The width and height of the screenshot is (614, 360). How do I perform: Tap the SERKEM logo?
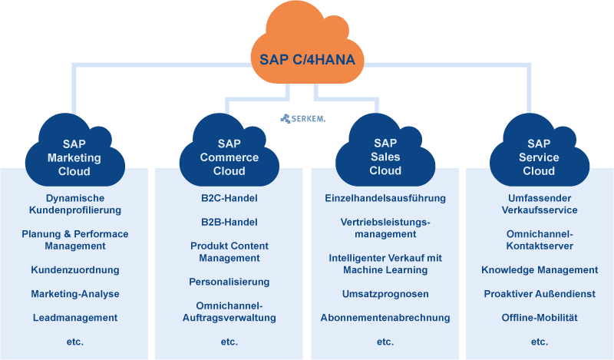pos(302,118)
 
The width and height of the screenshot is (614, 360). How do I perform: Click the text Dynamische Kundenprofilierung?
pos(74,203)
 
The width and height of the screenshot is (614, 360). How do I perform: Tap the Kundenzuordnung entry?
pos(74,269)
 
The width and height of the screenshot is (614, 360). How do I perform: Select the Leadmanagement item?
pos(74,317)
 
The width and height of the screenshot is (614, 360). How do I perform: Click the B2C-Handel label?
pos(229,198)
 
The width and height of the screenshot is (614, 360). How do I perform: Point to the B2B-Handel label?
pos(229,222)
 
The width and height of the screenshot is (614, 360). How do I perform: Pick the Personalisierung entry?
pos(229,282)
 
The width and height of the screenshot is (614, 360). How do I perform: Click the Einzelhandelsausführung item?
pos(385,198)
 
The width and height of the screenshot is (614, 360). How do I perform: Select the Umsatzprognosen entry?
pos(385,293)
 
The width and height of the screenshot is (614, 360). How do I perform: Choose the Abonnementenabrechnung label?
pos(385,317)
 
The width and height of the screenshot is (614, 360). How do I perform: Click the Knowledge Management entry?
pos(539,269)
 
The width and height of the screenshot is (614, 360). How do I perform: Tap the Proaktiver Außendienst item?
pos(539,293)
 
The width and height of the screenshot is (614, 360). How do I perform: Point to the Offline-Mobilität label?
pos(539,317)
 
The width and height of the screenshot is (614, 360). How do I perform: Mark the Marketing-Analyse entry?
pos(74,293)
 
